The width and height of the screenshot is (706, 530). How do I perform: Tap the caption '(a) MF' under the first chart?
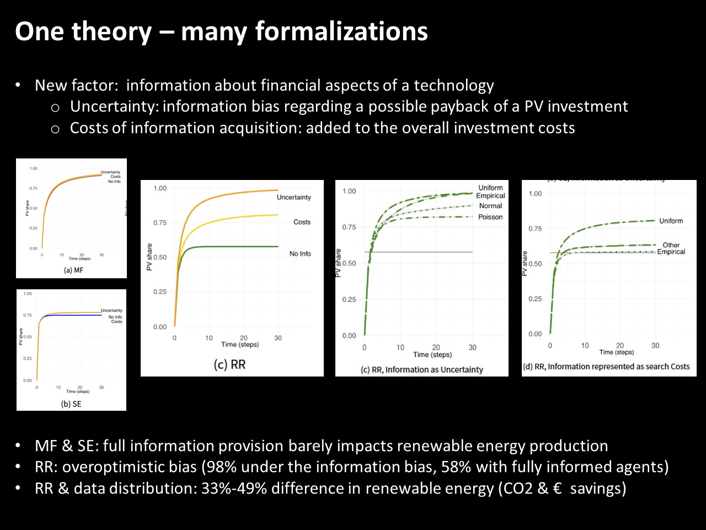[x=74, y=270]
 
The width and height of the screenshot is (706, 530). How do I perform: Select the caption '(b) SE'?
[x=71, y=404]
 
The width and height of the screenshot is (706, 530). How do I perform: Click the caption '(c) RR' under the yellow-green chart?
[x=229, y=364]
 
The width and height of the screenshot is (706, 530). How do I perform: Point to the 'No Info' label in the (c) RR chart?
[x=300, y=253]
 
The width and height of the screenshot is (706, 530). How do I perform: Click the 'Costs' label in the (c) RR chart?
[x=302, y=222]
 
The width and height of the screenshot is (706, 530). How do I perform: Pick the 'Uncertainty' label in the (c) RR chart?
[x=293, y=197]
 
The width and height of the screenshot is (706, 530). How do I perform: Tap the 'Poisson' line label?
[x=490, y=217]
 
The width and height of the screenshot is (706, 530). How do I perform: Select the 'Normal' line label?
[x=490, y=206]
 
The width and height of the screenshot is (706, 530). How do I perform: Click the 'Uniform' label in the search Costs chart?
[x=671, y=221]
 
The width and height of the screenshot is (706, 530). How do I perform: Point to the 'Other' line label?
[x=671, y=245]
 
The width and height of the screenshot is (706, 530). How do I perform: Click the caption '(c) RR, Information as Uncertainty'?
[x=422, y=369]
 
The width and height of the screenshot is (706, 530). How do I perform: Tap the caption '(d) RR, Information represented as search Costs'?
[x=606, y=366]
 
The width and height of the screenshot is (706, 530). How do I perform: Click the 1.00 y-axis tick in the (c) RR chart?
[x=160, y=188]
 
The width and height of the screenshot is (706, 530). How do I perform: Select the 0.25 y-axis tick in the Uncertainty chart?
[x=349, y=299]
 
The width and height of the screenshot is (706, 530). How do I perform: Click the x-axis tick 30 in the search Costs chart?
[x=655, y=346]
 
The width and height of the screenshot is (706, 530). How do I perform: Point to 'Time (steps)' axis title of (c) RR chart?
[x=240, y=344]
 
